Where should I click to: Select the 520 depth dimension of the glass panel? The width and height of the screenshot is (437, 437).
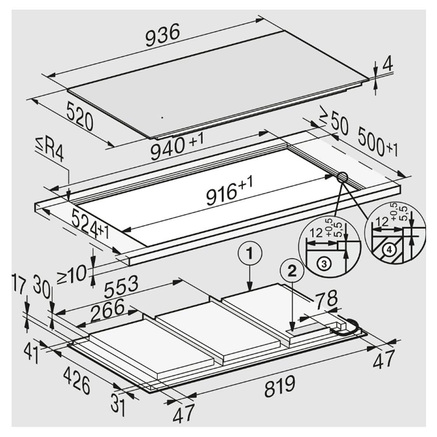pos(80,116)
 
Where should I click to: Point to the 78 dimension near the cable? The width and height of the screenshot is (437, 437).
pos(326,299)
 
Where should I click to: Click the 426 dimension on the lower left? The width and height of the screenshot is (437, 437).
pos(77,380)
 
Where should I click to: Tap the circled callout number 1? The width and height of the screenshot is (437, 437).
pos(249,252)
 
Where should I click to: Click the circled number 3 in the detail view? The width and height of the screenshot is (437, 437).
pos(324,263)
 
